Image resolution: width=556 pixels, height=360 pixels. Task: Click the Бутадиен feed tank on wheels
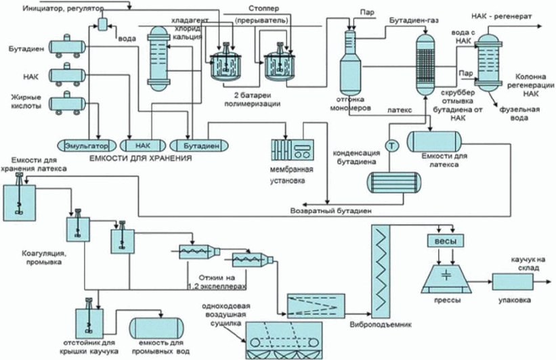tap(67, 47)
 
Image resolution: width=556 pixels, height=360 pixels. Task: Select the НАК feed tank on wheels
tap(67, 75)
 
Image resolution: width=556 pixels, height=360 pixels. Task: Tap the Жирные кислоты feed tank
tap(67, 104)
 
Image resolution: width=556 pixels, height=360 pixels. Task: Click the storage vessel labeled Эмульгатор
tap(87, 145)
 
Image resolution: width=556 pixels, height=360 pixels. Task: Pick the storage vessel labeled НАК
tap(142, 145)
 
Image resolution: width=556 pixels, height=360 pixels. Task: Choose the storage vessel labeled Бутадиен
tap(199, 145)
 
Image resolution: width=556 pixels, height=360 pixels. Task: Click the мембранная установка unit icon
tap(293, 149)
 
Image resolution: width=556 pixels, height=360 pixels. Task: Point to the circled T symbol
tap(391, 145)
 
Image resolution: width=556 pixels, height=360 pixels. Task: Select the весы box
tap(446, 241)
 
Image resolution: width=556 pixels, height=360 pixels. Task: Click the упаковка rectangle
tap(513, 282)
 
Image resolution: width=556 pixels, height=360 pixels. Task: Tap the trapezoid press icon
tap(446, 279)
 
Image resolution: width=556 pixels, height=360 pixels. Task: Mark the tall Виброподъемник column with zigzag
tap(381, 272)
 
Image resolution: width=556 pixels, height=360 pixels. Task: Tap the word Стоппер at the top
tap(263, 8)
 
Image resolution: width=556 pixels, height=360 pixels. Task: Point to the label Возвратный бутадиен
tap(331, 210)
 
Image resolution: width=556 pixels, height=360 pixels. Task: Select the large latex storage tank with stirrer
tap(19, 200)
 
